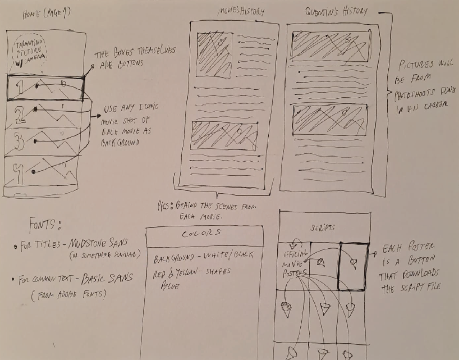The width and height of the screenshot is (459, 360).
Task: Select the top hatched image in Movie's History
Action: [x=214, y=56]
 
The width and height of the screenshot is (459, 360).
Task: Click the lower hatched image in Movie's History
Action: [x=224, y=135]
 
